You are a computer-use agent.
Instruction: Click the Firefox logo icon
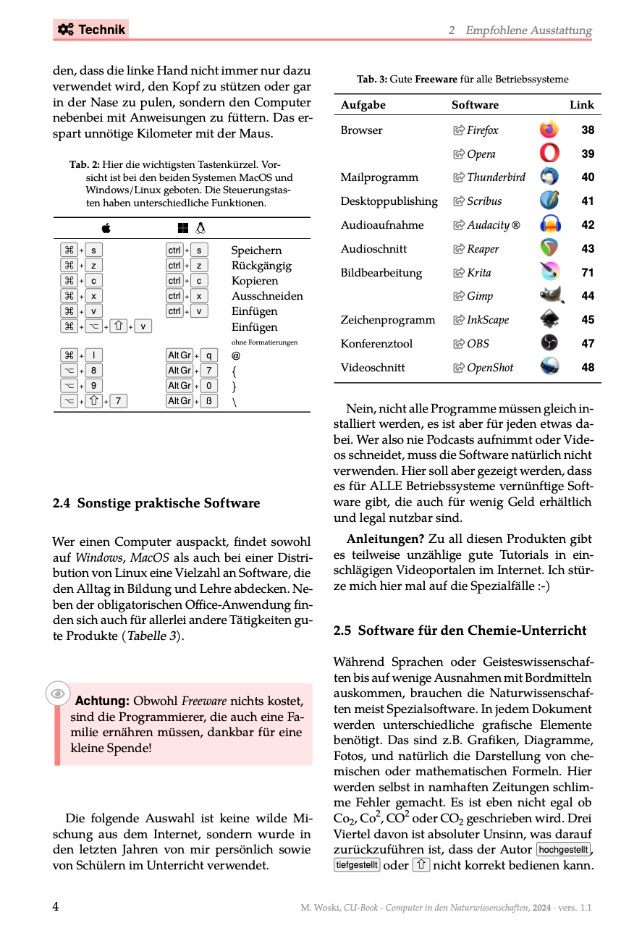(x=549, y=130)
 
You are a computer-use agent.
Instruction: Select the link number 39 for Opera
(x=588, y=154)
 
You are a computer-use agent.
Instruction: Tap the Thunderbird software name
(x=496, y=177)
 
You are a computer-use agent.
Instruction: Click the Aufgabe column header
(x=363, y=105)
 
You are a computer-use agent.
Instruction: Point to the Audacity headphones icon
(x=550, y=225)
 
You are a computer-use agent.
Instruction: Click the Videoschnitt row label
(x=373, y=368)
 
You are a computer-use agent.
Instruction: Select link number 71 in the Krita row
(x=588, y=273)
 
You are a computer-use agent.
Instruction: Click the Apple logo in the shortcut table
(x=106, y=229)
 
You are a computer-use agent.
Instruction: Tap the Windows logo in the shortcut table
(x=183, y=229)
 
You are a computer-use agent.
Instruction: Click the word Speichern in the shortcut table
(x=256, y=250)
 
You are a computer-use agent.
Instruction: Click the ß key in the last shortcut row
(x=208, y=401)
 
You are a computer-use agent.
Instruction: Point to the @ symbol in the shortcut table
(x=236, y=355)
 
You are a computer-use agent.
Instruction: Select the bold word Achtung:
(x=102, y=701)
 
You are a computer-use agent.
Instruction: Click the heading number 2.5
(x=342, y=631)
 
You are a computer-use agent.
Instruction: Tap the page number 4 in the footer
(x=56, y=907)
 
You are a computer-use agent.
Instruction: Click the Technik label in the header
(x=91, y=30)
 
